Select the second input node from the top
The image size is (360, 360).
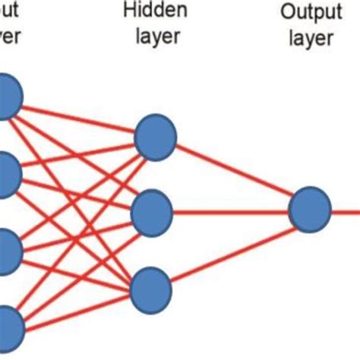tap(6, 172)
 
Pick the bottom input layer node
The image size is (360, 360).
tap(6, 328)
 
